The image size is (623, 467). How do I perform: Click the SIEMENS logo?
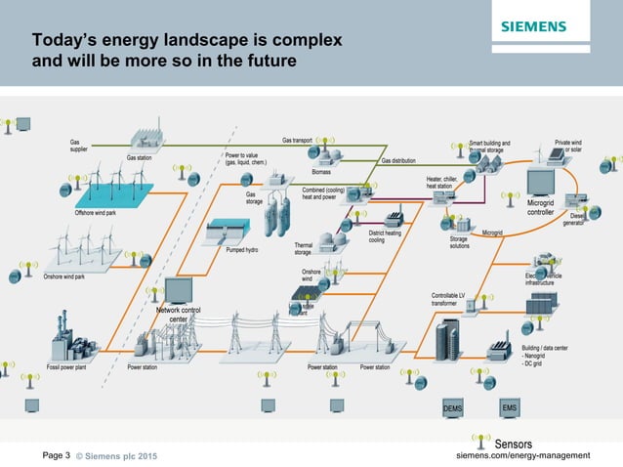coord(546,26)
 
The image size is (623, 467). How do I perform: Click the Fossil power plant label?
coord(70,367)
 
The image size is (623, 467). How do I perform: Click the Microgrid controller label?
coord(541,206)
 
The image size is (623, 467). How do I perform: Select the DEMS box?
coord(452,406)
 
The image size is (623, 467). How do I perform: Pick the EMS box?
coord(509,406)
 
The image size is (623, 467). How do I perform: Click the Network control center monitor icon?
coord(179,291)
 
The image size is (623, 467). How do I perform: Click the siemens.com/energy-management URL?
coord(523,455)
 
